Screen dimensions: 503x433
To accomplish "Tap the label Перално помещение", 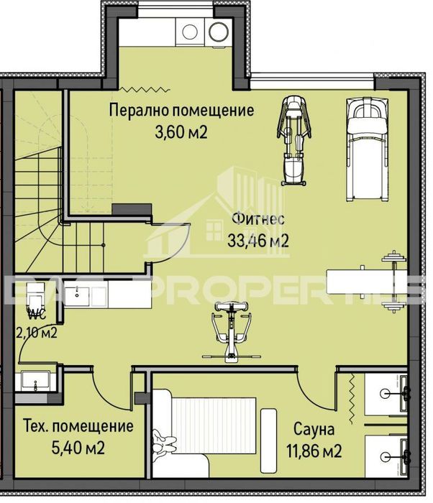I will click(181, 111).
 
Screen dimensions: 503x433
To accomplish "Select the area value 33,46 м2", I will click(258, 241).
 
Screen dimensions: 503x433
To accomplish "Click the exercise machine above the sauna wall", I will click(230, 331).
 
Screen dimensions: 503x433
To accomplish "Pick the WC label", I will click(37, 314).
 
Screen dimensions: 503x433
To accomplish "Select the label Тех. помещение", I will click(78, 426).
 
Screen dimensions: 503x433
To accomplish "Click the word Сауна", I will click(314, 430).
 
